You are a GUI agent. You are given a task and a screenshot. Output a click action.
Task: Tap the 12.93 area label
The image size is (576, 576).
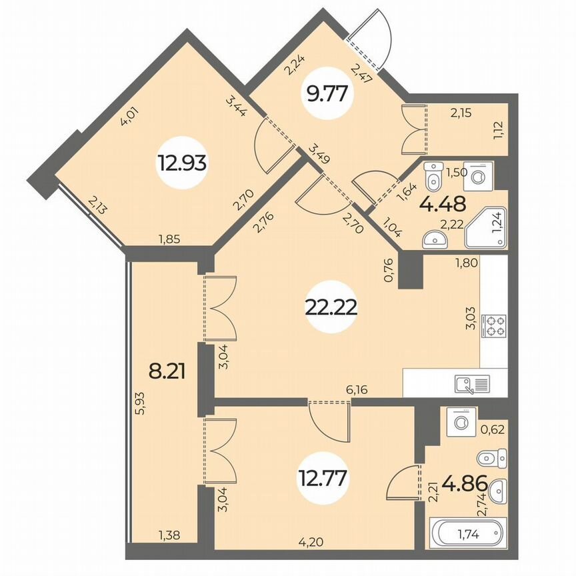pyautogui.click(x=181, y=162)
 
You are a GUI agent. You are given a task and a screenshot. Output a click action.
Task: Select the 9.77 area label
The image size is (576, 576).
pyautogui.click(x=327, y=94)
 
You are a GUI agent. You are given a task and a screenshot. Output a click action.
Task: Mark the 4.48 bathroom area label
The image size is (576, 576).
pyautogui.click(x=443, y=201)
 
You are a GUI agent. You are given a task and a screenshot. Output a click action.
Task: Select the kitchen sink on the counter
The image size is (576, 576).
pyautogui.click(x=472, y=383)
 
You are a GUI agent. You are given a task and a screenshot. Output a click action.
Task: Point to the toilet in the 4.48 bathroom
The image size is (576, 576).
pyautogui.click(x=434, y=176)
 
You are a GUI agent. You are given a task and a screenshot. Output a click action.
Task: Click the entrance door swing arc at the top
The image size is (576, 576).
pyautogui.click(x=367, y=33)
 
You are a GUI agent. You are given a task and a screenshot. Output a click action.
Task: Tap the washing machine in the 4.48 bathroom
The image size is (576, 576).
pyautogui.click(x=481, y=176)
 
